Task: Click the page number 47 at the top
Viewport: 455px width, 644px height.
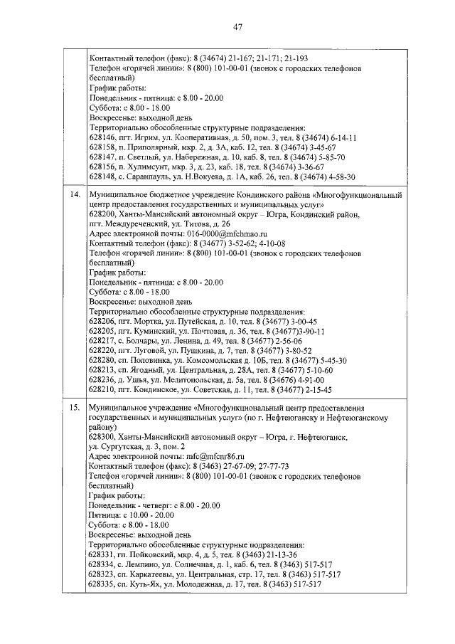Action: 237,27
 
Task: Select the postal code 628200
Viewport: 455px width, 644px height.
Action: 102,213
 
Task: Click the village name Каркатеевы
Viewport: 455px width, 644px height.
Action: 146,574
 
